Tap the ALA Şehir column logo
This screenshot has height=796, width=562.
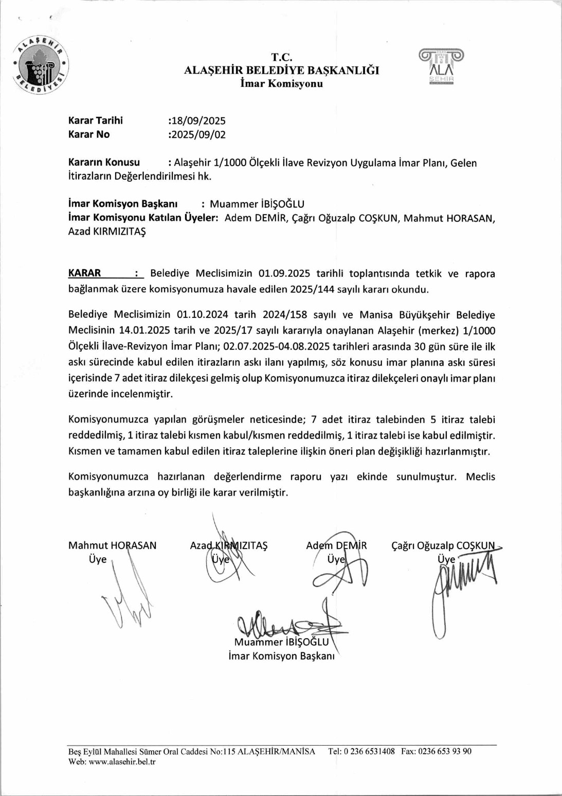tap(441, 66)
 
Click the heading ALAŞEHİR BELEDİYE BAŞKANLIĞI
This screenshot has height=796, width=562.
tap(281, 70)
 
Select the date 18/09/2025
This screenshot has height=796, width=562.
tap(198, 121)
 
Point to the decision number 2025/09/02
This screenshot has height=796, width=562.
tap(198, 135)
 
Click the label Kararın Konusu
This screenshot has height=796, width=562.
tap(104, 163)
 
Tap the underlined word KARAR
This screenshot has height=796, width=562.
tap(85, 273)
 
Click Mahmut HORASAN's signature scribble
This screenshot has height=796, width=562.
tap(129, 597)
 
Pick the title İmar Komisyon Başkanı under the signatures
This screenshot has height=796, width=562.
tap(281, 656)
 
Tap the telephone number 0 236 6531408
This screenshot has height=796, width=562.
tap(369, 751)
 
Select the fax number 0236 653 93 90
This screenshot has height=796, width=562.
tap(444, 751)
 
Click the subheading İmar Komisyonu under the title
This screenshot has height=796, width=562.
tap(281, 84)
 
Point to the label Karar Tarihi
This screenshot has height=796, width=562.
tap(96, 121)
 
